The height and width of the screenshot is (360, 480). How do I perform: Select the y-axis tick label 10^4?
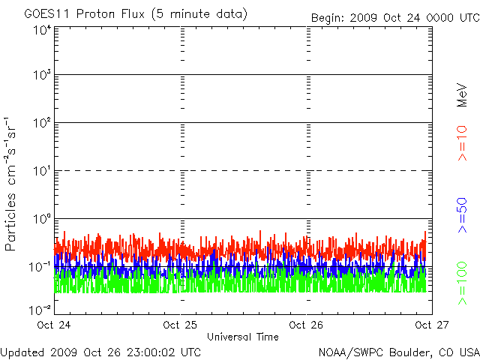pos(42,30)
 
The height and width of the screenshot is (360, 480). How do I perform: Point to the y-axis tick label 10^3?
pos(42,76)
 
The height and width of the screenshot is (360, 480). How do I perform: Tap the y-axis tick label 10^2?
pos(42,123)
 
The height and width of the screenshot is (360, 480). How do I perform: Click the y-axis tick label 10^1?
pos(42,171)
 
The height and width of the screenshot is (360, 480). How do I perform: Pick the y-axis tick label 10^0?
pos(42,219)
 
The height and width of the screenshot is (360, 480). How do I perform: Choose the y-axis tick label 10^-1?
pos(40,266)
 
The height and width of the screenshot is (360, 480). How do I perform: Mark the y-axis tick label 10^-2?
pos(40,309)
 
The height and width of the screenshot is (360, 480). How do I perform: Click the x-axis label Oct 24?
pos(55,325)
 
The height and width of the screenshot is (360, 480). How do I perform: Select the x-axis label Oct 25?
pos(181,325)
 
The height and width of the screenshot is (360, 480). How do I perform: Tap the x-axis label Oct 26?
pos(307,325)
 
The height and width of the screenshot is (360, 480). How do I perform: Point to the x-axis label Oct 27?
pos(432,325)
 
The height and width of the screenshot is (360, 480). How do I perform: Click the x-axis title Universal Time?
pos(243,337)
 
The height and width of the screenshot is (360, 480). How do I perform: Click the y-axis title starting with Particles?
pos(13,184)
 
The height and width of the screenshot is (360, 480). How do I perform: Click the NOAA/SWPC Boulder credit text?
pos(398,352)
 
